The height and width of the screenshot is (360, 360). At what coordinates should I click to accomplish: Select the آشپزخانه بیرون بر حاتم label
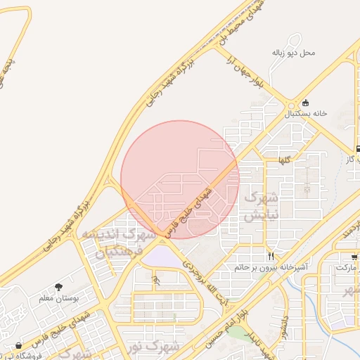[271, 267]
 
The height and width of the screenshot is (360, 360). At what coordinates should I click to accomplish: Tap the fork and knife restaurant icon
[271, 256]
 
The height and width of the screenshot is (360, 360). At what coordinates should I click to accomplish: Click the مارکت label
[347, 268]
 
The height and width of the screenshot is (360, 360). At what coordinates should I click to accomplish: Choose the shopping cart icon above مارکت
[354, 257]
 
